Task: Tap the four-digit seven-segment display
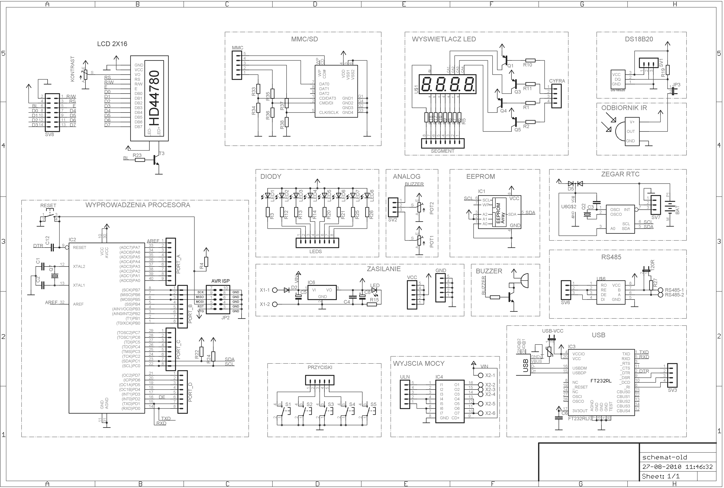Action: pyautogui.click(x=447, y=84)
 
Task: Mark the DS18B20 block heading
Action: pyautogui.click(x=639, y=39)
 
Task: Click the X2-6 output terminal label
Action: pyautogui.click(x=490, y=413)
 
